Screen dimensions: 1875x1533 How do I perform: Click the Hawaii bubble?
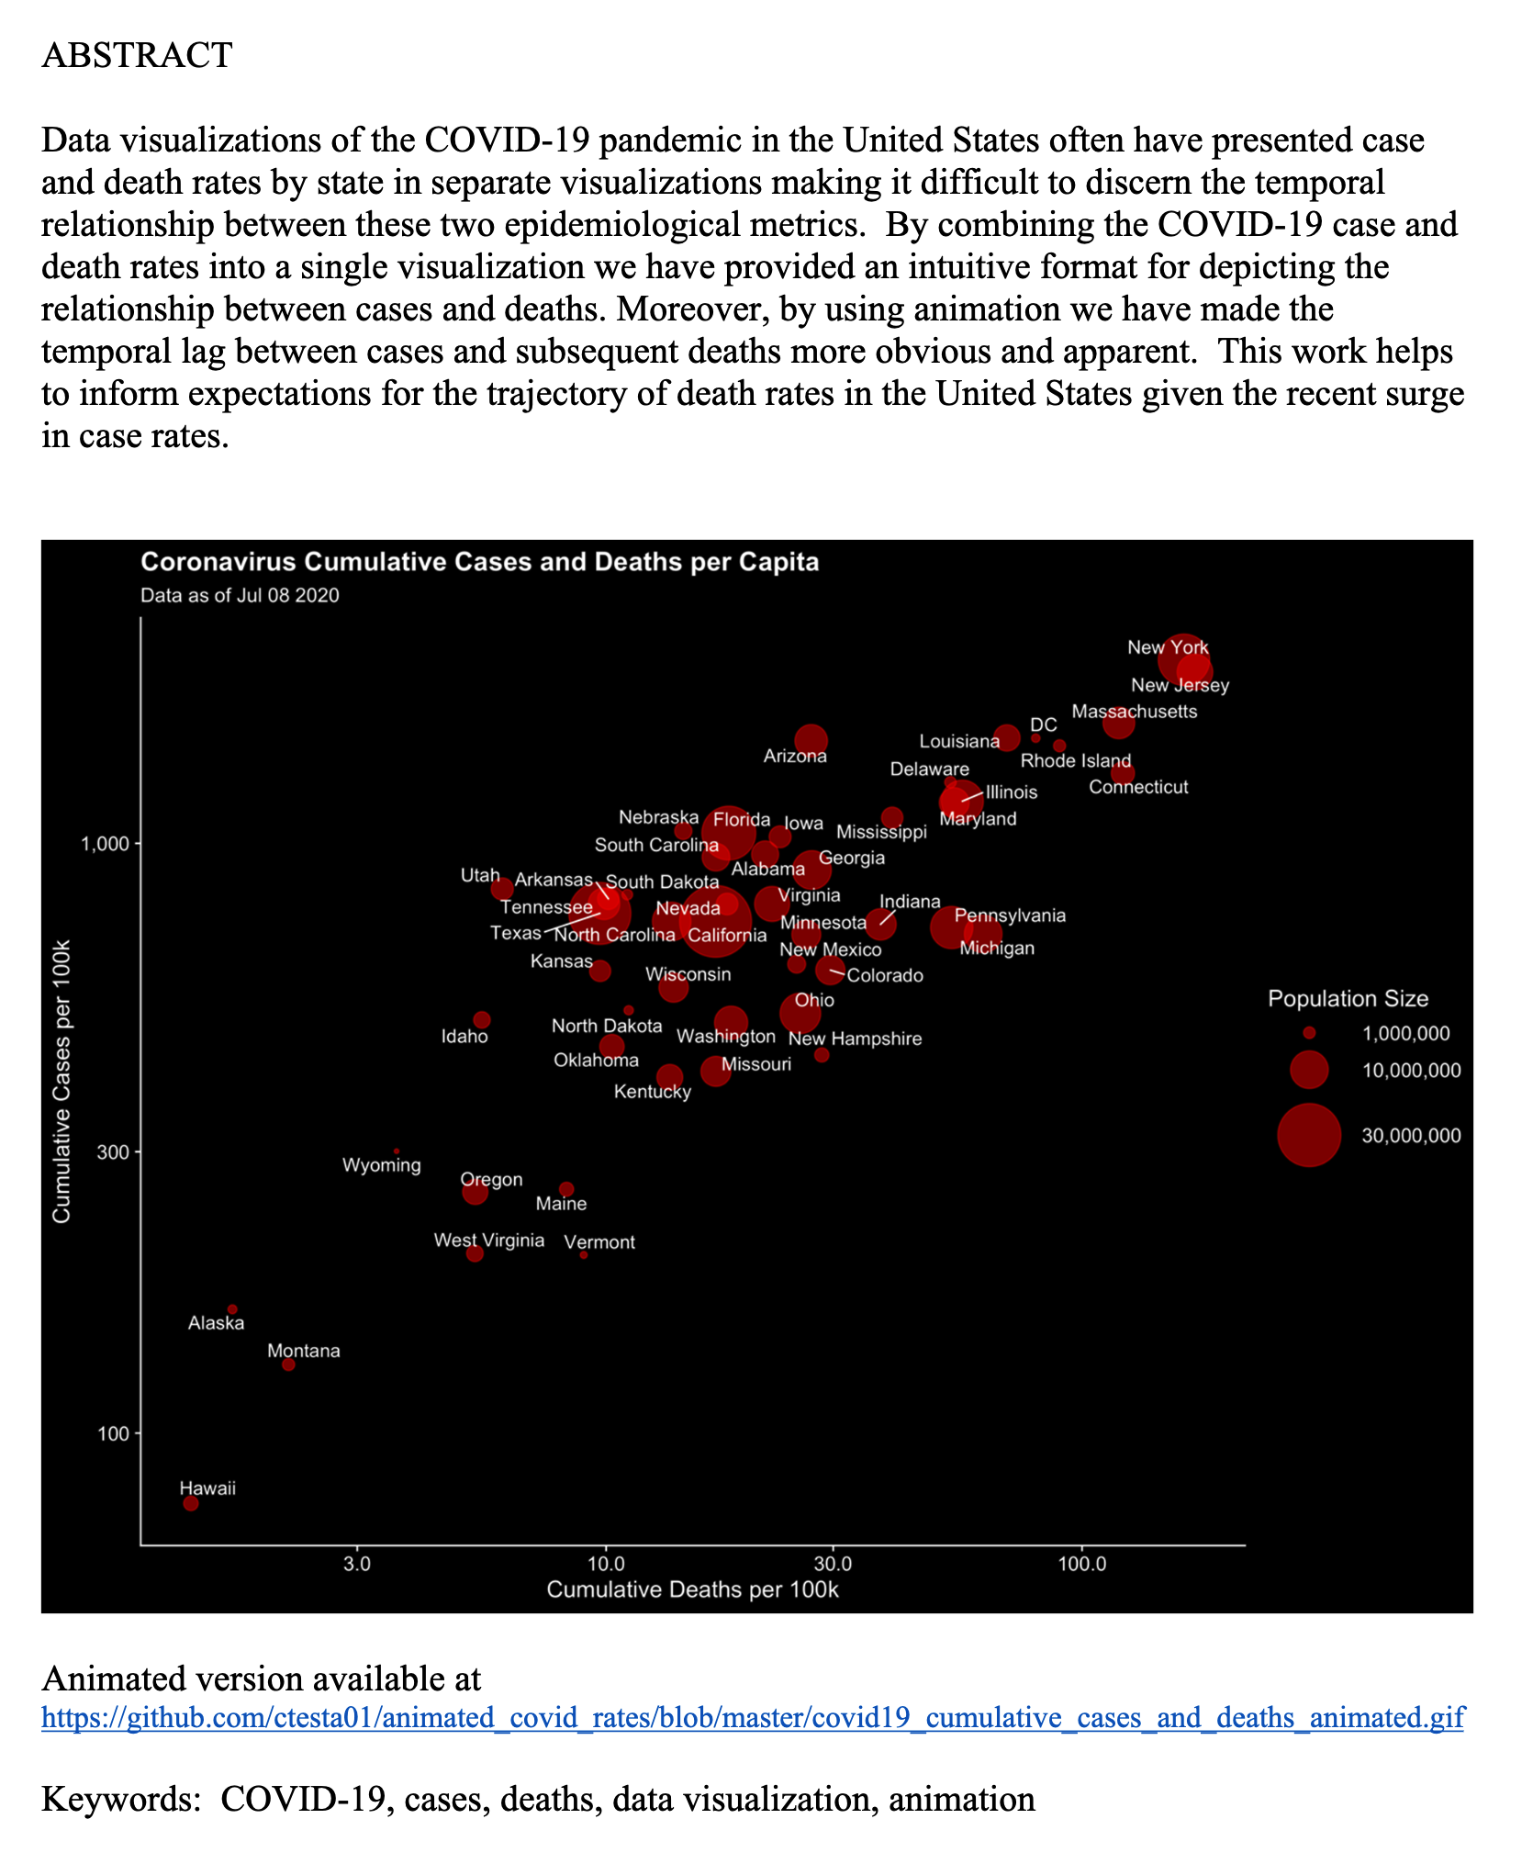click(191, 1503)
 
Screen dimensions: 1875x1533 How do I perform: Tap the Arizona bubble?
click(811, 740)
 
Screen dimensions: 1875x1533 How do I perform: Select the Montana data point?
click(288, 1364)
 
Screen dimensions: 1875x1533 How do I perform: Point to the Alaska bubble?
click(232, 1309)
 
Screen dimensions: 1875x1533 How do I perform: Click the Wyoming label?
click(382, 1165)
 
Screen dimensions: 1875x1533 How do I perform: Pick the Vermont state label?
click(599, 1242)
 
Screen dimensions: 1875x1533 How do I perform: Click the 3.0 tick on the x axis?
click(357, 1564)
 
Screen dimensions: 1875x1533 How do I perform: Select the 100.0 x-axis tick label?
click(1081, 1564)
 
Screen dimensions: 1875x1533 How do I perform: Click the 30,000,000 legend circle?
click(1309, 1135)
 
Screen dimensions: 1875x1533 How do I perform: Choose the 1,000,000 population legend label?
click(1405, 1034)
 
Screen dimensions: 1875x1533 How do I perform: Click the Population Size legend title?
click(1348, 999)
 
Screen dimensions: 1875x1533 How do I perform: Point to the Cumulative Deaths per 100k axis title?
click(693, 1589)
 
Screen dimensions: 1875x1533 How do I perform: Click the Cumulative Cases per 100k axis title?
click(62, 1080)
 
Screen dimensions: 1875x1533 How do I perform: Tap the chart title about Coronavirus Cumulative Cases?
click(479, 562)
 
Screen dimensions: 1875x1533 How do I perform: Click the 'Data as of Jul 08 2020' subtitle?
click(240, 595)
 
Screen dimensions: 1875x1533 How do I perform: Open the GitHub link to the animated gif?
click(753, 1717)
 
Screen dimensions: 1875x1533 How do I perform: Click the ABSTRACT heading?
click(138, 55)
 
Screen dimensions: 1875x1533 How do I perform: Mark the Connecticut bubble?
click(1122, 773)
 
